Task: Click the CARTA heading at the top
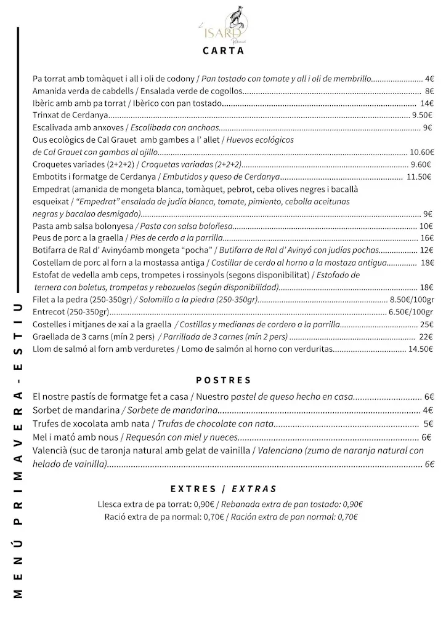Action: [223, 51]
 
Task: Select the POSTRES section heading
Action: [223, 380]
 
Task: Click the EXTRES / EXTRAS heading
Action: [223, 489]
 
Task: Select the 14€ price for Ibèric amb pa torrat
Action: [427, 103]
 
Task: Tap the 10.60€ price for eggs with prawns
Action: [422, 152]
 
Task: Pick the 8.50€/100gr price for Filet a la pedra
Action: [412, 300]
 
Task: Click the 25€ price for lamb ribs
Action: [427, 324]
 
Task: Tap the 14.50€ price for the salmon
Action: [421, 349]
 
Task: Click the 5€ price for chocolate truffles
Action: [429, 424]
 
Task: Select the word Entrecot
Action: [49, 312]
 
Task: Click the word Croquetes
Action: [52, 164]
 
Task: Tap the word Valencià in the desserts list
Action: [51, 451]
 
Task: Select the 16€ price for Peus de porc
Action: [427, 238]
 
